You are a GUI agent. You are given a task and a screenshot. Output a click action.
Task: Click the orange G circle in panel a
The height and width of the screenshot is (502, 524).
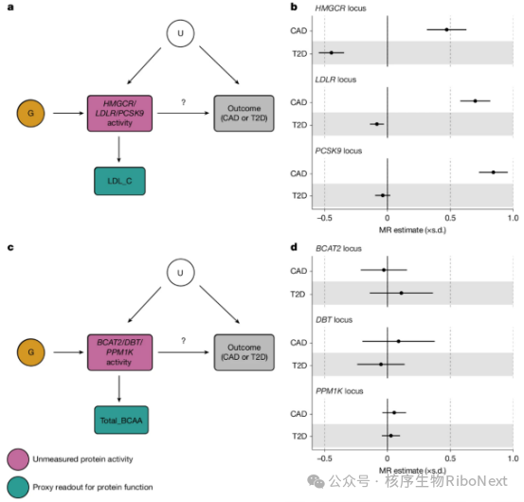click(x=30, y=114)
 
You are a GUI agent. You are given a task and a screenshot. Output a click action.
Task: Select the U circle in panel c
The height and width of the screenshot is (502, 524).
click(x=180, y=272)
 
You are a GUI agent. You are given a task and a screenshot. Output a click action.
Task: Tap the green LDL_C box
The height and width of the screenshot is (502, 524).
click(x=119, y=181)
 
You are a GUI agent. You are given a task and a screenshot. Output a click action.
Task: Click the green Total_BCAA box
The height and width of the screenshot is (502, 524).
click(x=121, y=420)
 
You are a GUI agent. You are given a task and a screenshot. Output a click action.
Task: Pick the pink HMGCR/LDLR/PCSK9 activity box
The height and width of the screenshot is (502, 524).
click(x=119, y=114)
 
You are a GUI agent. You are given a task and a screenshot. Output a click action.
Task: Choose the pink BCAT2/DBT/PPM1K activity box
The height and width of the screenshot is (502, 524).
click(x=119, y=352)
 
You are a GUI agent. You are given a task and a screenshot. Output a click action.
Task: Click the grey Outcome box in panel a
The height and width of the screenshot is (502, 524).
click(x=244, y=114)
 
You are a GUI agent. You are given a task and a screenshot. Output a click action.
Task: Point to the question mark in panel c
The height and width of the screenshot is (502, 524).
click(x=184, y=341)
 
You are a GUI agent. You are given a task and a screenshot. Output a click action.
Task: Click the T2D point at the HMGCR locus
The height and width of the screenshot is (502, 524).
click(x=332, y=52)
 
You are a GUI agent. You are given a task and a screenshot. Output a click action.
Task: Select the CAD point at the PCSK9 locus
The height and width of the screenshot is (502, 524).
click(x=494, y=172)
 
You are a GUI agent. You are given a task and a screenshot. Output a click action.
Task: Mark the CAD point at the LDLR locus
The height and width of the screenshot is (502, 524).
click(x=476, y=100)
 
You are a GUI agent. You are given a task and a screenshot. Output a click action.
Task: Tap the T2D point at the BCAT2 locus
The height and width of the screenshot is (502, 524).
click(x=402, y=293)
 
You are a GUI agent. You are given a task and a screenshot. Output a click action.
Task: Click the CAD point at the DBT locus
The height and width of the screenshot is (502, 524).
click(x=398, y=341)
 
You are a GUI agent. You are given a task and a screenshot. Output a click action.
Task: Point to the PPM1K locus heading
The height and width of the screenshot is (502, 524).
click(x=339, y=391)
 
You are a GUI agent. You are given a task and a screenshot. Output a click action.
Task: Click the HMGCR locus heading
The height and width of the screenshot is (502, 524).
click(x=340, y=8)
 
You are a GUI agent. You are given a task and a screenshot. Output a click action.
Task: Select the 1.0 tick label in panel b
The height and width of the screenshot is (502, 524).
click(x=513, y=218)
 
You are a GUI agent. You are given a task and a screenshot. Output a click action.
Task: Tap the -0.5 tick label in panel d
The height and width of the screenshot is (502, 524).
click(x=324, y=458)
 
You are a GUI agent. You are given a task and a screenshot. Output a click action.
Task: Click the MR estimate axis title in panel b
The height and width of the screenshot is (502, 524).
click(x=412, y=230)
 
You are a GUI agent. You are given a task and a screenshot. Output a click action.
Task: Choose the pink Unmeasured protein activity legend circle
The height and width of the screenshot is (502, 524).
click(x=18, y=459)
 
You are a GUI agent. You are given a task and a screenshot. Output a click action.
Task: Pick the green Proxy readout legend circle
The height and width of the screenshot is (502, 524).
click(x=18, y=487)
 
